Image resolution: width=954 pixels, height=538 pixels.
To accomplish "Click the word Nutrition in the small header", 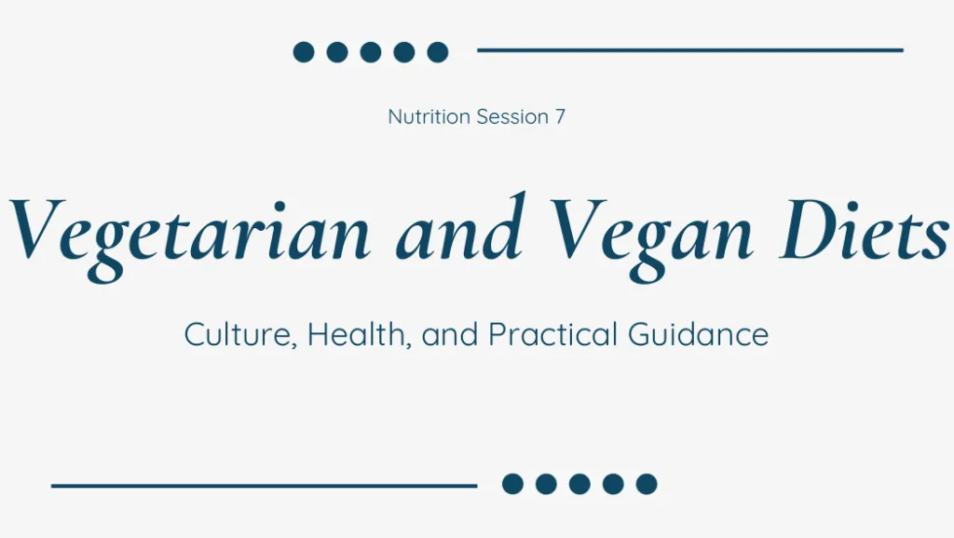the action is (429, 116).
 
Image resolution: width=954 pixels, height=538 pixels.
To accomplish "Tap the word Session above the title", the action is (512, 116).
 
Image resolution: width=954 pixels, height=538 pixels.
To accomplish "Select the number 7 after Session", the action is (560, 116).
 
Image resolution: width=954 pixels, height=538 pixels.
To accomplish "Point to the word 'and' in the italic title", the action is (460, 226).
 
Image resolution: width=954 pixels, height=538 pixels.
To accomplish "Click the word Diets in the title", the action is (865, 228).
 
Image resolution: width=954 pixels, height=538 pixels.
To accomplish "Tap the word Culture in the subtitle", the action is (240, 334).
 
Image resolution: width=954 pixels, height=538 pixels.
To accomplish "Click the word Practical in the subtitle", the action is (553, 334).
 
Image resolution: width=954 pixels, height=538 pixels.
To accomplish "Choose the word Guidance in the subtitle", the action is (699, 334).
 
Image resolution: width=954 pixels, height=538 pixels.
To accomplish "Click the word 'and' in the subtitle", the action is (450, 334).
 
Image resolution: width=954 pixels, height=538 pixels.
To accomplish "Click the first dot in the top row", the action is (304, 52).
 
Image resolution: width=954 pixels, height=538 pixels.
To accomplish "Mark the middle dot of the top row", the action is (371, 52).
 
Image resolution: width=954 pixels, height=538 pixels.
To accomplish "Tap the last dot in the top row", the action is (438, 52).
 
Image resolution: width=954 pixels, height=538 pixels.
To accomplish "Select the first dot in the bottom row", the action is (513, 484).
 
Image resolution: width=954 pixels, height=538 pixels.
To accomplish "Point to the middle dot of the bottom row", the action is (579, 484).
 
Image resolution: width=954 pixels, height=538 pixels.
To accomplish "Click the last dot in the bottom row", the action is (647, 484).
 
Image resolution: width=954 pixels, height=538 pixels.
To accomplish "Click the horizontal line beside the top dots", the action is (690, 50).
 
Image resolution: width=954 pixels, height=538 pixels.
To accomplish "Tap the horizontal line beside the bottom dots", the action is (264, 486).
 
